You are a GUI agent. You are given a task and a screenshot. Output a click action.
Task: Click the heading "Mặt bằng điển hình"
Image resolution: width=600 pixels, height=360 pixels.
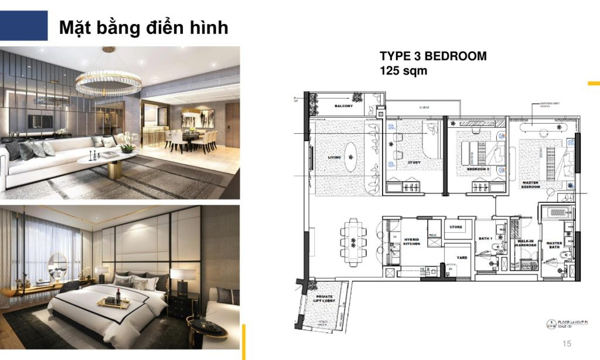click(x=144, y=28)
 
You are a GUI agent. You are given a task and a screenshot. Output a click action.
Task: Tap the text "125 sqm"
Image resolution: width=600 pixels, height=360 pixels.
click(x=404, y=71)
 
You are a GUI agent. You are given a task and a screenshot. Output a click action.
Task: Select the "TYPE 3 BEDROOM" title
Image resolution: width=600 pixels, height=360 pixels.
click(x=433, y=56)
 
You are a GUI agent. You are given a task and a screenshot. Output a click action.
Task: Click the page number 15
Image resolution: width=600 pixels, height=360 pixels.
click(x=566, y=344)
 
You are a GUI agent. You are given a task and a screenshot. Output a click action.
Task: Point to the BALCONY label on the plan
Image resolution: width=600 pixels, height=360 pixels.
click(x=343, y=106)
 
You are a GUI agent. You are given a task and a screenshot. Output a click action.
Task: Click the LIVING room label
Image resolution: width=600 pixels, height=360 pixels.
click(x=335, y=157)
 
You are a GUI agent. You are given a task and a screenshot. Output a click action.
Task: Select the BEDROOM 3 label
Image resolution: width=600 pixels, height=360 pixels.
click(x=478, y=169)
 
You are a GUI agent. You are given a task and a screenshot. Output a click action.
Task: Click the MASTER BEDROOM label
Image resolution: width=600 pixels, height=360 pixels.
click(x=530, y=185)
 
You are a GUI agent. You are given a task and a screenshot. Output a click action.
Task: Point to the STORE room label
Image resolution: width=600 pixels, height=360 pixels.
click(x=456, y=227)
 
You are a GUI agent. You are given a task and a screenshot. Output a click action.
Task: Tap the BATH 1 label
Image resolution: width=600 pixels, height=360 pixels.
click(x=485, y=239)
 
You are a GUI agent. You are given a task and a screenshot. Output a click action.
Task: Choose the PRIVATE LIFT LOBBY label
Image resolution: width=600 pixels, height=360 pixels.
click(x=324, y=300)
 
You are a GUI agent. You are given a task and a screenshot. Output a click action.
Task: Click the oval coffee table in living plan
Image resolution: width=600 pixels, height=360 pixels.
click(x=350, y=157)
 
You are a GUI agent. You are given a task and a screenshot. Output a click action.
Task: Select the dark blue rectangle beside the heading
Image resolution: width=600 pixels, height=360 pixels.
click(x=23, y=26)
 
